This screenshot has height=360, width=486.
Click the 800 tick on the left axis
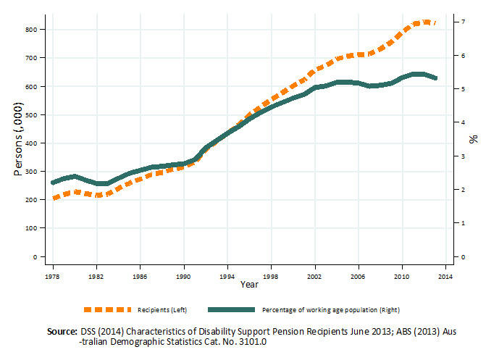point(30,30)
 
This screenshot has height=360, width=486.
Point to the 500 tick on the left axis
point(30,114)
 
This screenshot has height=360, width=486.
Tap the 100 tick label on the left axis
point(30,228)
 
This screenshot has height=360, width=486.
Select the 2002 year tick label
point(314,276)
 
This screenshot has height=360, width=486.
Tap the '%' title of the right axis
point(472,138)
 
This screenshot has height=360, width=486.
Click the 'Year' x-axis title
point(248,284)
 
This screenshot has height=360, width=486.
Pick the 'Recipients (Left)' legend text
point(167,310)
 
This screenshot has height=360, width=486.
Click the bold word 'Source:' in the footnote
point(62,330)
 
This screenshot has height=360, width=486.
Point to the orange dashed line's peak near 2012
point(424,22)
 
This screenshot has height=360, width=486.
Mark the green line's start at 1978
point(53,183)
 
